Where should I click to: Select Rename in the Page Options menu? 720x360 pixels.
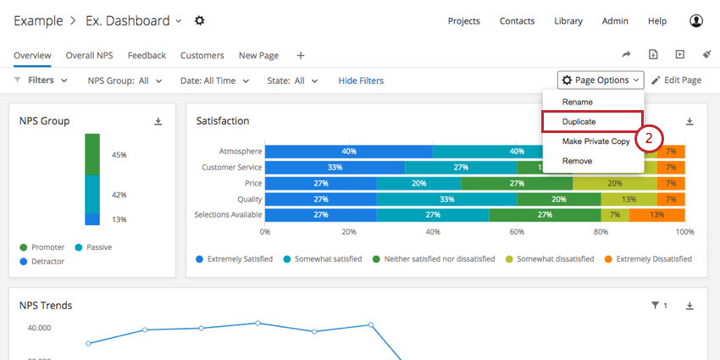coord(577,102)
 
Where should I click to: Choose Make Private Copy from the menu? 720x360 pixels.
coord(595,141)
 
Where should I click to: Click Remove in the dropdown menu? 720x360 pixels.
coord(577,161)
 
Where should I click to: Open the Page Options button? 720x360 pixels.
coord(601,80)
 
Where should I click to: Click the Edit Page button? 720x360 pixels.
coord(676,80)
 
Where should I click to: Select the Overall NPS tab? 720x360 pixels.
coord(89,56)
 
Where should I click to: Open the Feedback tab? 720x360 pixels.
coord(147,56)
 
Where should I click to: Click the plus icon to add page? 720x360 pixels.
coord(301,56)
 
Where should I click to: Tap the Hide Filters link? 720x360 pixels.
coord(361,80)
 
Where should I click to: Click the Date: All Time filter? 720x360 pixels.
coord(214,80)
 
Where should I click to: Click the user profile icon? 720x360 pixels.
coord(696,21)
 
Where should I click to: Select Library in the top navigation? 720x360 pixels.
coord(568,21)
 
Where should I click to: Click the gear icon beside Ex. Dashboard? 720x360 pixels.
coord(200,20)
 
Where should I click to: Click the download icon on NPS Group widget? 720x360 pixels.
coord(158,121)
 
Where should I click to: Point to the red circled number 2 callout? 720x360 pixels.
coord(649,137)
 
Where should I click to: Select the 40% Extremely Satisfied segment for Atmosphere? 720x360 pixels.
coord(348,152)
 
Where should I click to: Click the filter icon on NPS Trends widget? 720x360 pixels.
coord(655,306)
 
